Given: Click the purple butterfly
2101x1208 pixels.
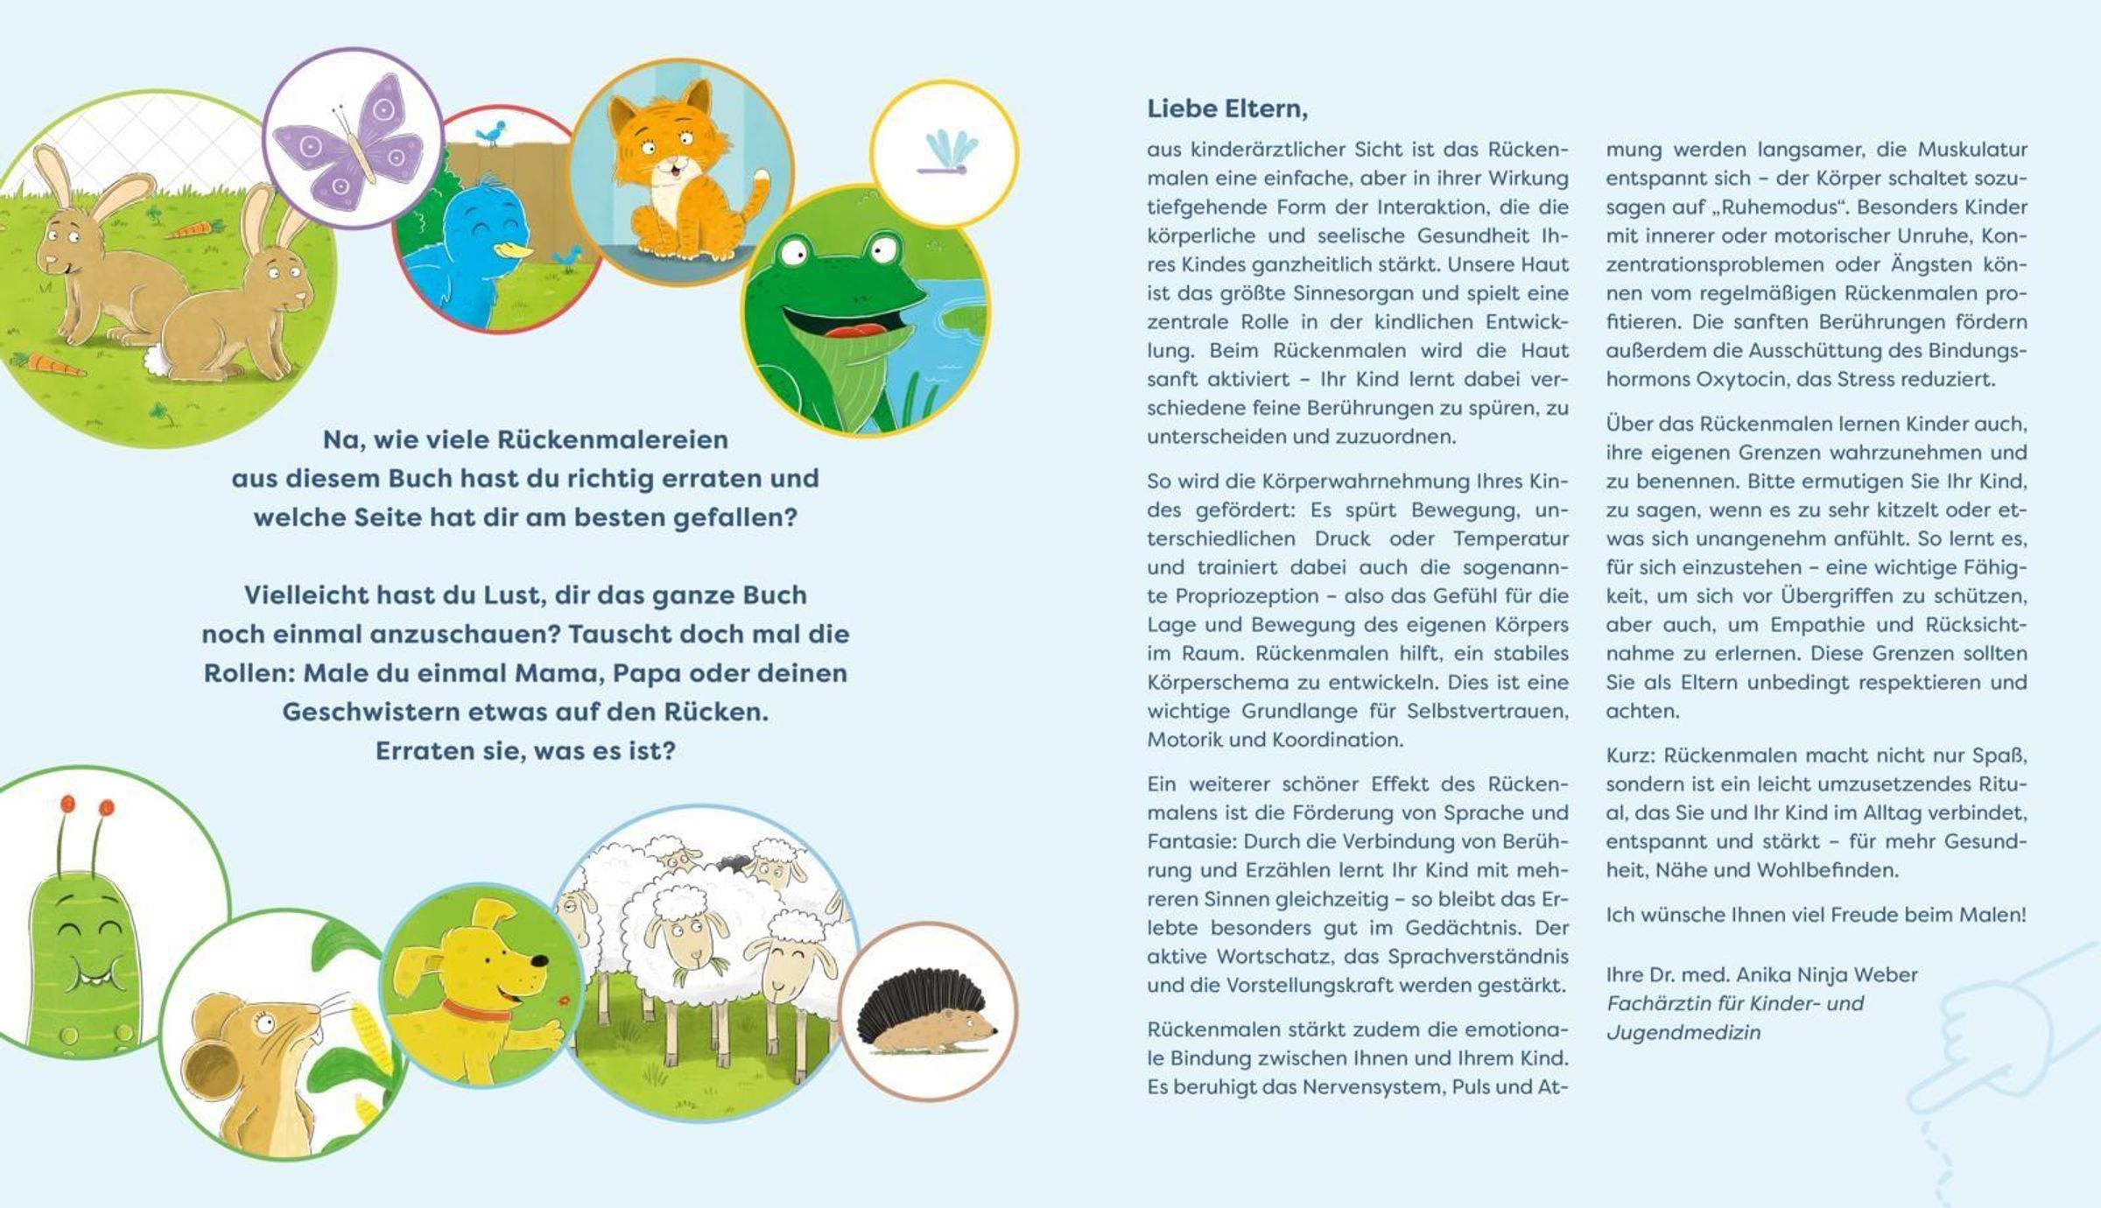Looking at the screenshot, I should (350, 140).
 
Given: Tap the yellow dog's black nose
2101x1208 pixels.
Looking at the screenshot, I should (541, 961).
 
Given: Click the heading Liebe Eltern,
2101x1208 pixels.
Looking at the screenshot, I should (1227, 109).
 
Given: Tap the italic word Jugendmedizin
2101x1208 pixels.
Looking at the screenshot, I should (1683, 1033).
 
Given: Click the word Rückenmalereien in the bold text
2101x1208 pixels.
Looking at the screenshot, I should (612, 439).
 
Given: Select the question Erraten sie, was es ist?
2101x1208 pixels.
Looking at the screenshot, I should (525, 751).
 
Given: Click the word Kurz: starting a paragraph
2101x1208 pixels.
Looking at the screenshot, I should (1629, 755).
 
